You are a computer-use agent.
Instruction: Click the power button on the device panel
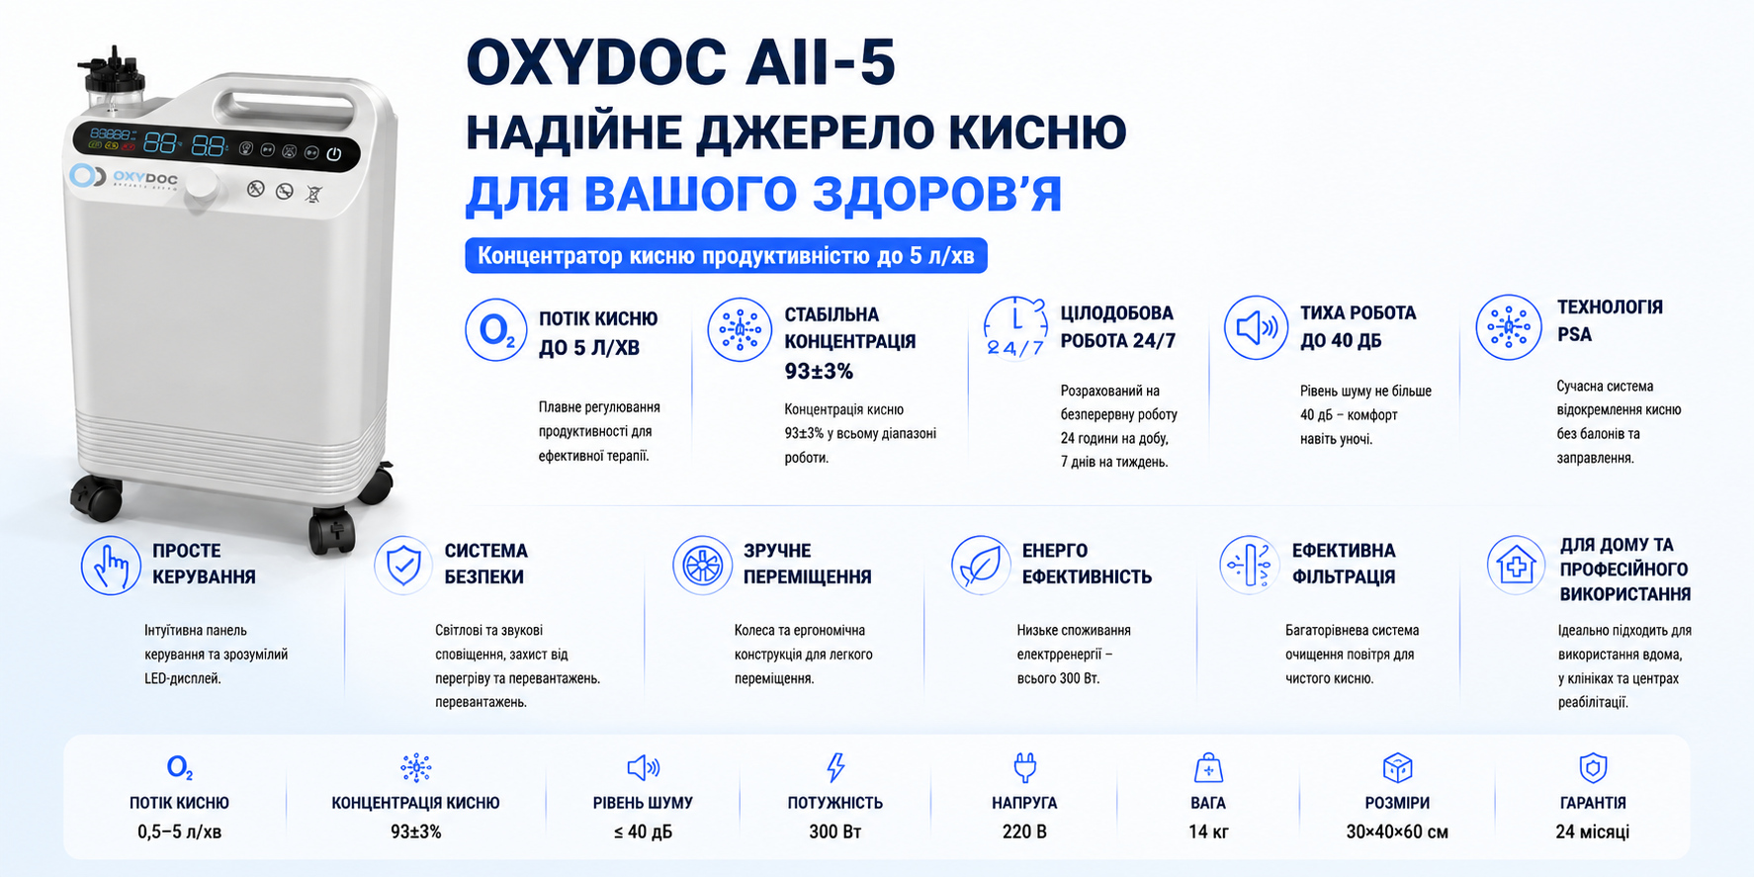334,154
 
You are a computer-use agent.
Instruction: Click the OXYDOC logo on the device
125,178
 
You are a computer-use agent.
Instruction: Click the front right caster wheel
333,532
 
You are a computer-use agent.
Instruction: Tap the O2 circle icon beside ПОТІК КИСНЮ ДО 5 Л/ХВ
496,330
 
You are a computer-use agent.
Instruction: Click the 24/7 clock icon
1015,327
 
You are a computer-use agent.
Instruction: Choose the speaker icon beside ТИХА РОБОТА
1256,327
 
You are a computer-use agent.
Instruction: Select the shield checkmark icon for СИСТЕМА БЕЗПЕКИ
403,566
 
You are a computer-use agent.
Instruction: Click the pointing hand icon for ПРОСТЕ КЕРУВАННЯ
111,566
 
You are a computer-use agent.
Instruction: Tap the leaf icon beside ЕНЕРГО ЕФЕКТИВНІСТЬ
981,565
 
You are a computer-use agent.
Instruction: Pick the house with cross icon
1516,565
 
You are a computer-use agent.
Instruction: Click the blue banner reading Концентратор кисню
727,256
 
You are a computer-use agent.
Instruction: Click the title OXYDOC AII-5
681,62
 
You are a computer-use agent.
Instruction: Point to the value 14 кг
1208,832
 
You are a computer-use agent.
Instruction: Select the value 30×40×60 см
1397,832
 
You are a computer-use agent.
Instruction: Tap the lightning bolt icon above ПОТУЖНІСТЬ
835,767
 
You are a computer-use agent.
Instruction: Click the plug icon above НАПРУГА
1024,767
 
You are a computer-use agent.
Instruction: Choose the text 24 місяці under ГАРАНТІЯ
1592,832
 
